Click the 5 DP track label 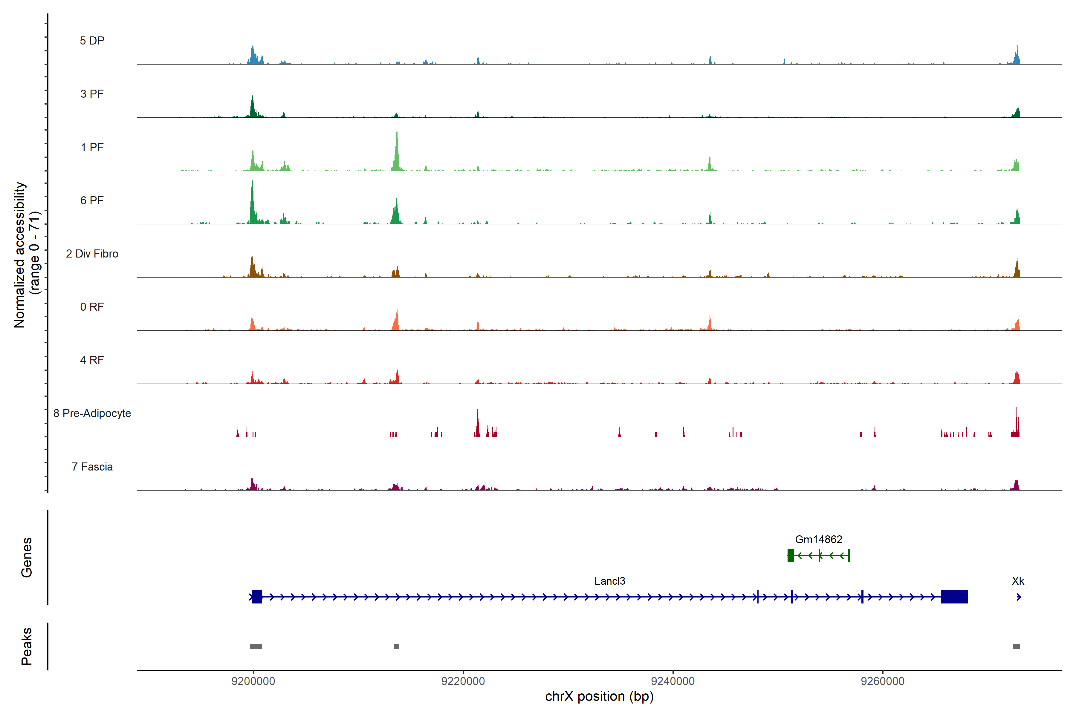point(92,41)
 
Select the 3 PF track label point(92,94)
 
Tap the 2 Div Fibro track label point(92,254)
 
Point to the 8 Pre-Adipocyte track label point(92,413)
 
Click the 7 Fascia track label point(92,467)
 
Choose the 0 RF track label point(92,307)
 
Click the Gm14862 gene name point(818,540)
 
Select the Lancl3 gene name point(609,581)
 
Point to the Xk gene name point(1018,581)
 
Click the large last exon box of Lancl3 point(954,597)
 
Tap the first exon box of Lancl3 point(257,597)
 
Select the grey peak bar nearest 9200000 point(256,646)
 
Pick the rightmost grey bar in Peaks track point(1016,646)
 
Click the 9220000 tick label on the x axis point(463,681)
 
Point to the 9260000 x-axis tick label point(883,681)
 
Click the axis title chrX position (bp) point(599,696)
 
